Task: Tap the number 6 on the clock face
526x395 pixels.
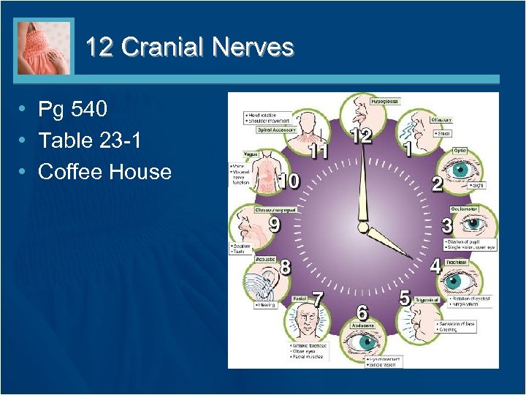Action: pyautogui.click(x=362, y=310)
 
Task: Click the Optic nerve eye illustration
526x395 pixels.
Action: pyautogui.click(x=461, y=170)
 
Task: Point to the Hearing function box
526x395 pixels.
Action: pyautogui.click(x=266, y=305)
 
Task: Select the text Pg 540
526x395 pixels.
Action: pyautogui.click(x=72, y=110)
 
